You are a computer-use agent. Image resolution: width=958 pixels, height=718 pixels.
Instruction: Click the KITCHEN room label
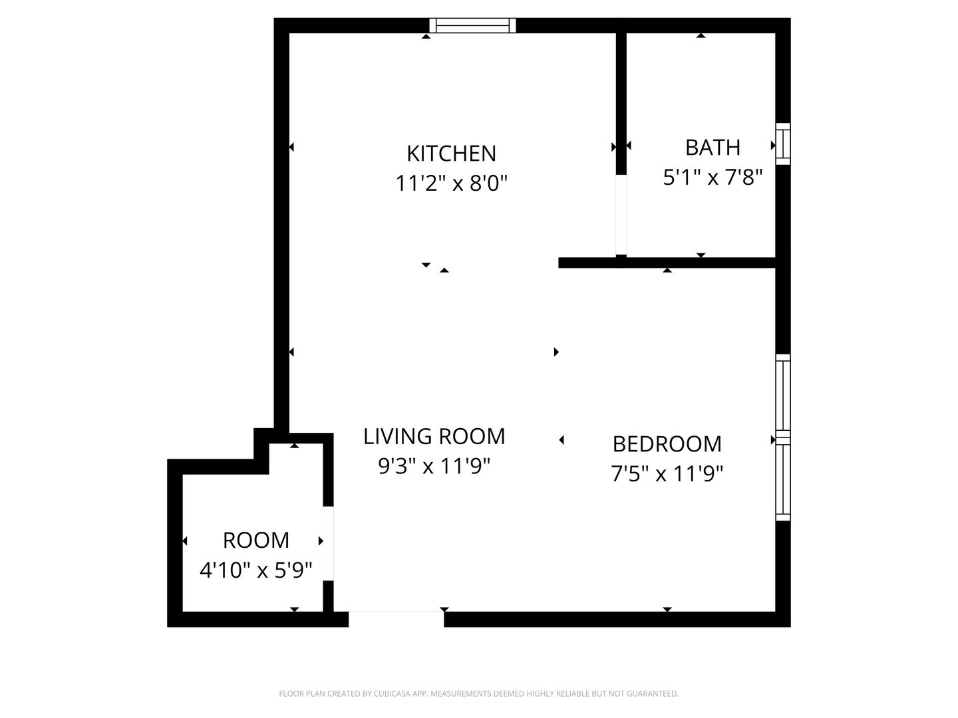(x=451, y=154)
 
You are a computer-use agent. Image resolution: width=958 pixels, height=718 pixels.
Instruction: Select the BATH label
(x=713, y=147)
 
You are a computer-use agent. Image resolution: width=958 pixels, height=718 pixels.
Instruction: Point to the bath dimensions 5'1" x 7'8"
(x=713, y=178)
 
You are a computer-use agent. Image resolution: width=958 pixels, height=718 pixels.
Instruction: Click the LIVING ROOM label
(x=434, y=437)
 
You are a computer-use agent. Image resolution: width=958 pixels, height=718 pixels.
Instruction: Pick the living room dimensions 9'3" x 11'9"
(x=434, y=467)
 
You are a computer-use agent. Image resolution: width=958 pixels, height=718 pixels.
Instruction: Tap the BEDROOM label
(x=667, y=444)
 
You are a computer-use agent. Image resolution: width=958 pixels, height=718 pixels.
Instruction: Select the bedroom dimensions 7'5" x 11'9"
(x=667, y=474)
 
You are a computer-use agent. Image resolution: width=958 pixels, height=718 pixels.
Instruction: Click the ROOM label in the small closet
(x=256, y=540)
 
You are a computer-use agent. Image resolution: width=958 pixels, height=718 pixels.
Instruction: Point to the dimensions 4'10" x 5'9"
(x=256, y=570)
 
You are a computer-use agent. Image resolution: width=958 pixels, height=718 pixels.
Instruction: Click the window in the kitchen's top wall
(x=472, y=26)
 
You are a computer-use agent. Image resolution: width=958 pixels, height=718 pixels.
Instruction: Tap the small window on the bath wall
(x=783, y=144)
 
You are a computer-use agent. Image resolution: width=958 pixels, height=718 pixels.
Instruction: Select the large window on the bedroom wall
(x=783, y=437)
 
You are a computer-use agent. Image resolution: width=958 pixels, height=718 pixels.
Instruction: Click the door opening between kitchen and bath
(x=621, y=215)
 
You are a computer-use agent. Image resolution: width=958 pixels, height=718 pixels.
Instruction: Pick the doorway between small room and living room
(x=328, y=544)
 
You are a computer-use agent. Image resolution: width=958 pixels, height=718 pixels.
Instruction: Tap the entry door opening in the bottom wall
(x=396, y=618)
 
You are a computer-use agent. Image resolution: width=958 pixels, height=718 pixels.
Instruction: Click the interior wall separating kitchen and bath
(x=621, y=100)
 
